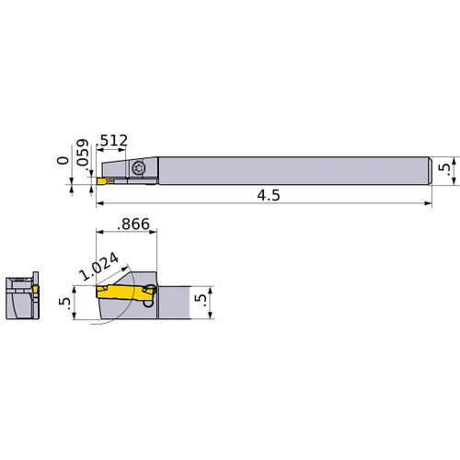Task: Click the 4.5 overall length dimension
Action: [270, 195]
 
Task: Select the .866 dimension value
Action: [134, 224]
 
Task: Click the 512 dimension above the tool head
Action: [113, 141]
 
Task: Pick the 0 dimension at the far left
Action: [62, 160]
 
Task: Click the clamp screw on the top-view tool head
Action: [139, 168]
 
